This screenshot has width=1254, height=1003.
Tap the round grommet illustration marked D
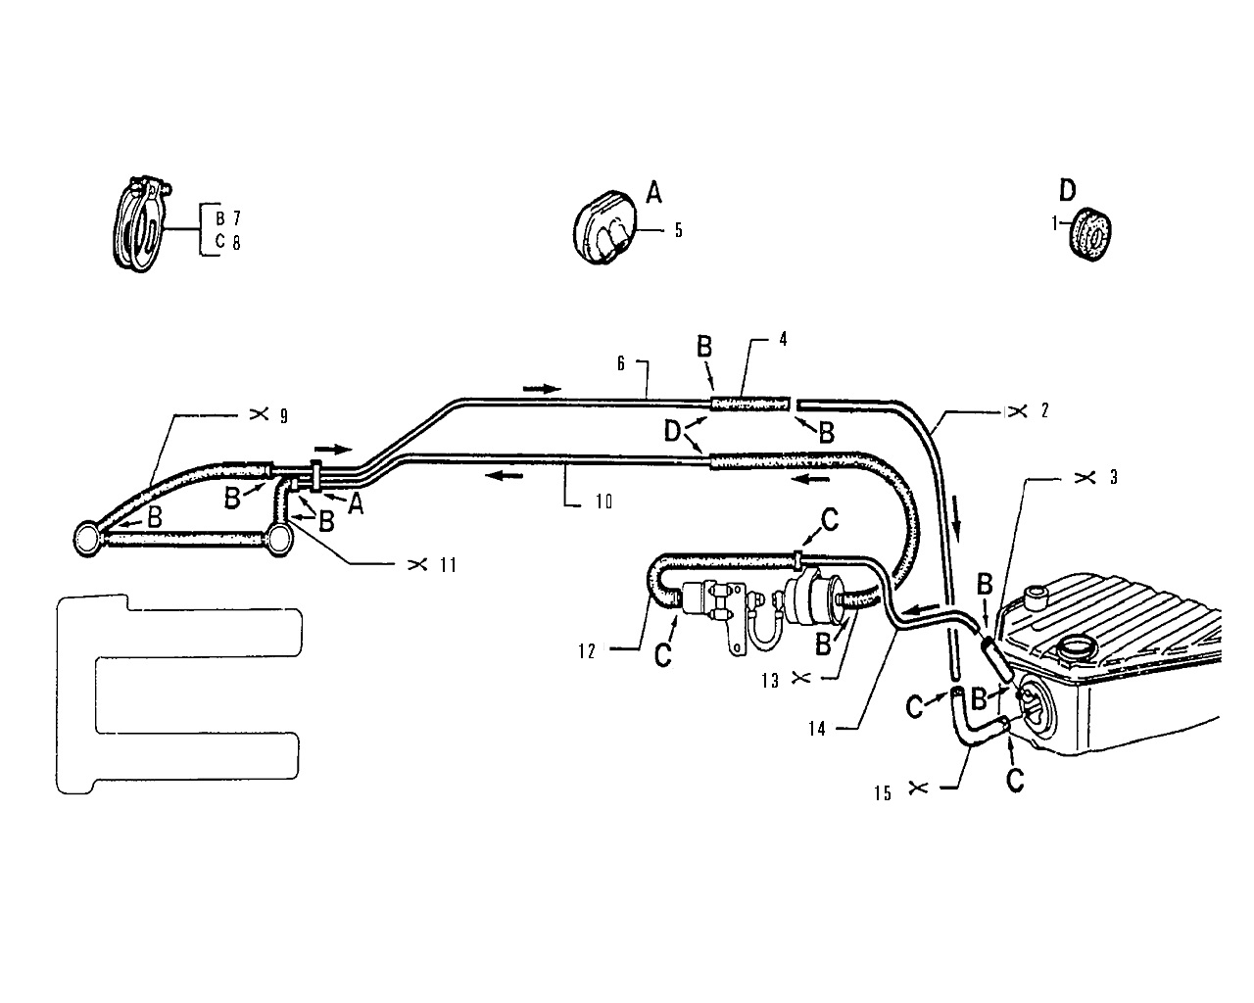(x=1090, y=234)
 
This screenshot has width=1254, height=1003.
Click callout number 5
(x=678, y=229)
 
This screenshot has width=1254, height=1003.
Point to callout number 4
(x=783, y=339)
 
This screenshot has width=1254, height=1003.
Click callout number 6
(x=620, y=363)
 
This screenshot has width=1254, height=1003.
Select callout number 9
(x=284, y=416)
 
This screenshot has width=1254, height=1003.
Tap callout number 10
(x=604, y=501)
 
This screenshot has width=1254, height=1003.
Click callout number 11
(x=448, y=565)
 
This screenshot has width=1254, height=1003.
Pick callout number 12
(x=587, y=651)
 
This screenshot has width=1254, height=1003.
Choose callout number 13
(x=770, y=681)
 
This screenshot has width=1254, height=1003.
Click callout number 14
(x=817, y=729)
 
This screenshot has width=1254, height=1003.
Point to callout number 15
(x=883, y=793)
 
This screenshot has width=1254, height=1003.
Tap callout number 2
(x=1044, y=410)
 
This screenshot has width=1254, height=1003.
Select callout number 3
(x=1114, y=477)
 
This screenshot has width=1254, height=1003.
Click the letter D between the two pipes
(x=672, y=432)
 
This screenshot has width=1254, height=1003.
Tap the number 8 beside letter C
(x=236, y=243)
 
